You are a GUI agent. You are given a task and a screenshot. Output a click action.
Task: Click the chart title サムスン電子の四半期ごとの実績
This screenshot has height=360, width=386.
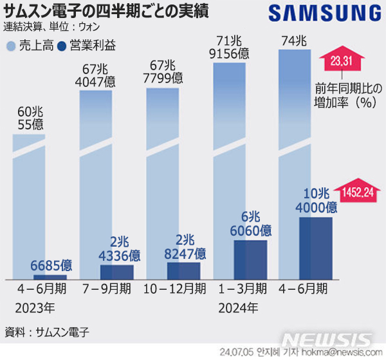110,11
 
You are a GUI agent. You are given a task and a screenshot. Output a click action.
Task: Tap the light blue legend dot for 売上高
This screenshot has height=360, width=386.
10,46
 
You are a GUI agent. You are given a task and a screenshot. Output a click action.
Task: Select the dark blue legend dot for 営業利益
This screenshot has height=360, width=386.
62,46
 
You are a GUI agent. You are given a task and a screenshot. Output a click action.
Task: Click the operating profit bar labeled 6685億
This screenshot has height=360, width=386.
50,277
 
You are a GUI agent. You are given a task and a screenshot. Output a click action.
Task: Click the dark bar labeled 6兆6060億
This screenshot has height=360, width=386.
250,260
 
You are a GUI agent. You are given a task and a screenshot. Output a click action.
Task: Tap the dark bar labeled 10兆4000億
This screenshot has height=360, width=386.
316,248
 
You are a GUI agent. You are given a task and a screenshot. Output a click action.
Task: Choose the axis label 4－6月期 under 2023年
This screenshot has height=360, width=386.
42,288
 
